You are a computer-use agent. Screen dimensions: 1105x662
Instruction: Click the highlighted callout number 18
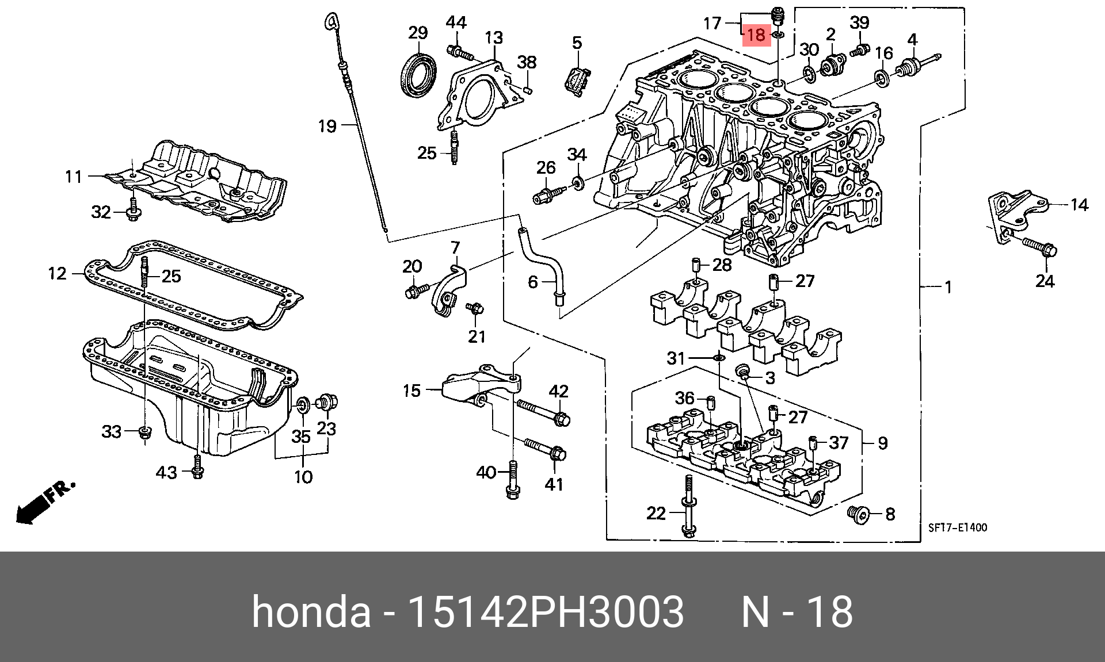coord(756,35)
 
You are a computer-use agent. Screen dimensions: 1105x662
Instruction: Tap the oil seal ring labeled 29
coord(418,74)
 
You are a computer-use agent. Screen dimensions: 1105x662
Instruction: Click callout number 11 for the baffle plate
coord(74,176)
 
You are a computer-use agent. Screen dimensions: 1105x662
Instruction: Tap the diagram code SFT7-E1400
coord(957,527)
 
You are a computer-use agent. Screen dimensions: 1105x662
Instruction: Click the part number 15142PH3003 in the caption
coord(545,611)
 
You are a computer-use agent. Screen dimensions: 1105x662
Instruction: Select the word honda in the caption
coord(311,611)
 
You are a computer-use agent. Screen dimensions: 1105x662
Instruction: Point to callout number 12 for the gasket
coord(58,273)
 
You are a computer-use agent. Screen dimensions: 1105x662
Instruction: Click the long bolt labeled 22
coord(687,506)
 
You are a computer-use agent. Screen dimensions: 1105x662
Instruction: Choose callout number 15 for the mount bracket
coord(411,391)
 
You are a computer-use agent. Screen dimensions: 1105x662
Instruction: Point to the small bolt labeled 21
coord(476,309)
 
